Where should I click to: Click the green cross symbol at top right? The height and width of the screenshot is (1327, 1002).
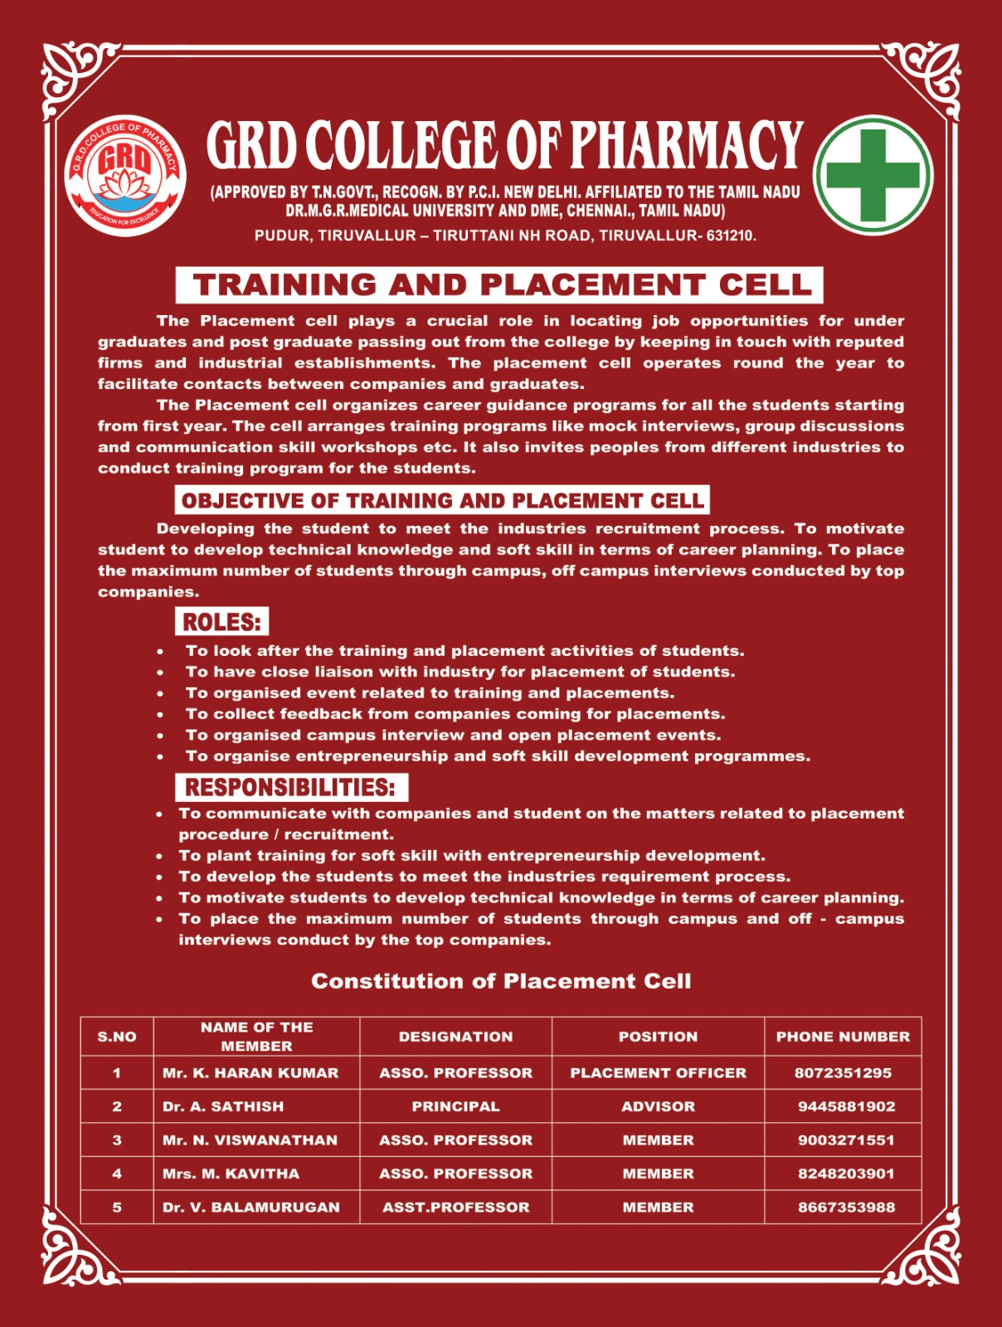pyautogui.click(x=873, y=175)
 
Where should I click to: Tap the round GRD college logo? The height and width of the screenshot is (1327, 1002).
pyautogui.click(x=125, y=175)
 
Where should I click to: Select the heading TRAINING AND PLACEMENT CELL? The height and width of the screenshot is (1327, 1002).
pyautogui.click(x=499, y=284)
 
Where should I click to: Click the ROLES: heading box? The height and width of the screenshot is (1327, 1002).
pyautogui.click(x=221, y=621)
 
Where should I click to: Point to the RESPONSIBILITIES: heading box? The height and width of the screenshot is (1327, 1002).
pyautogui.click(x=290, y=786)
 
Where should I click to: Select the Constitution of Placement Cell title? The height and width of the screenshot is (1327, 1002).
pyautogui.click(x=500, y=981)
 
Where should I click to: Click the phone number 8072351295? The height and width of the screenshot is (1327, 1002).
pyautogui.click(x=843, y=1072)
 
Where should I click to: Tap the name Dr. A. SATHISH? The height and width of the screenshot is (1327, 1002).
pyautogui.click(x=222, y=1106)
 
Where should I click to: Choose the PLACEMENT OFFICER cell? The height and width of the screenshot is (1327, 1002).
pyautogui.click(x=658, y=1072)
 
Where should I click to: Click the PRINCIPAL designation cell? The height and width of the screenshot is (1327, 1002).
pyautogui.click(x=455, y=1106)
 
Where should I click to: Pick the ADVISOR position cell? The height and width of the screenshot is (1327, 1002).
pyautogui.click(x=658, y=1106)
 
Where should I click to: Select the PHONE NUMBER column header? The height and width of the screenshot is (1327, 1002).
pyautogui.click(x=843, y=1036)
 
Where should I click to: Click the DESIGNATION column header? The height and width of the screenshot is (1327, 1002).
pyautogui.click(x=455, y=1036)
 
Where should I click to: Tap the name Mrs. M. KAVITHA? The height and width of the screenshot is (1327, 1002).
pyautogui.click(x=231, y=1174)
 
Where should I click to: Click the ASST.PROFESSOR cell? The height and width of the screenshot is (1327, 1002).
pyautogui.click(x=455, y=1207)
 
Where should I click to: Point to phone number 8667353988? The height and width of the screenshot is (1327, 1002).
pyautogui.click(x=846, y=1207)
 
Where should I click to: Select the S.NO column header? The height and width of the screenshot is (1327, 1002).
pyautogui.click(x=117, y=1036)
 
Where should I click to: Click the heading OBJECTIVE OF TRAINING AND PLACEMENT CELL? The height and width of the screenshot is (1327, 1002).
pyautogui.click(x=442, y=500)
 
